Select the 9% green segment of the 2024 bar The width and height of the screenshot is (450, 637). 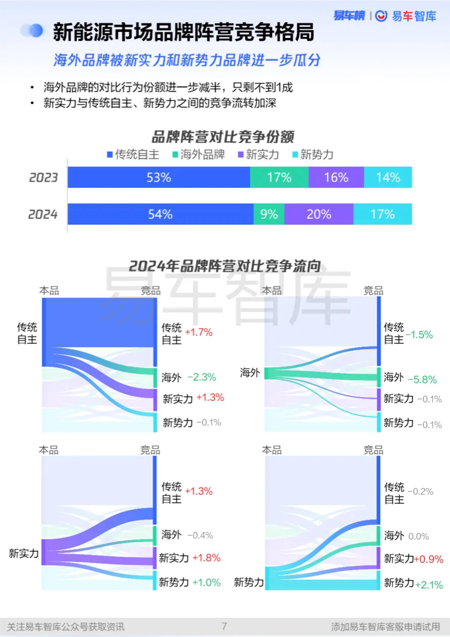coord(269,214)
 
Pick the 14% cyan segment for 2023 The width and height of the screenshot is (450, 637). coord(388,177)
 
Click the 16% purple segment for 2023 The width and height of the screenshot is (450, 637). coord(336,177)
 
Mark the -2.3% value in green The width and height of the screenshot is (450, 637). coord(202,377)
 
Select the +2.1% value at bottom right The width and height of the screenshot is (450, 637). coord(429,585)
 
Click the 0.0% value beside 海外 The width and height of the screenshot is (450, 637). coord(418,536)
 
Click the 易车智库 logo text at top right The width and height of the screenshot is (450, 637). coord(414,16)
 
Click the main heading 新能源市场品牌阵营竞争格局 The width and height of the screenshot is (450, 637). coord(184,32)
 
